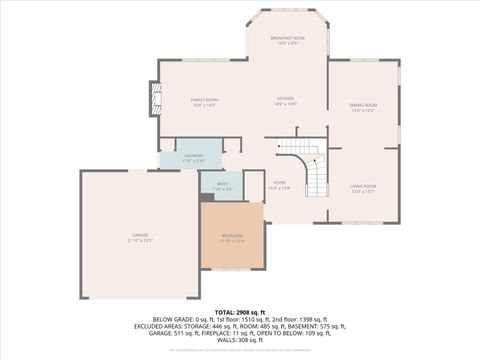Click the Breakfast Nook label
[x=288, y=40]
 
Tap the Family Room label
[x=204, y=101]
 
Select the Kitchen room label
[x=286, y=101]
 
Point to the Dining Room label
[x=363, y=107]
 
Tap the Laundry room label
[x=194, y=158]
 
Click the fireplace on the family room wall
[x=154, y=99]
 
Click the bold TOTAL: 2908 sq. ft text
[x=239, y=312]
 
